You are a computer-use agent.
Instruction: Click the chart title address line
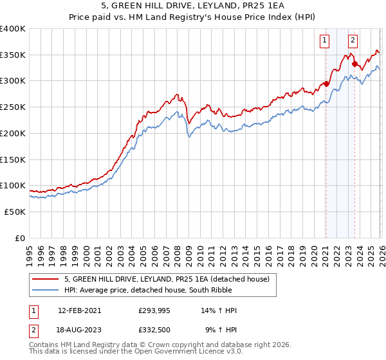(192, 7)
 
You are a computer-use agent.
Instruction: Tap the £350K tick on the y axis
(13, 55)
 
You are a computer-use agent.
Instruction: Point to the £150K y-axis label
(13, 159)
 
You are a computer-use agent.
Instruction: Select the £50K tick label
(15, 212)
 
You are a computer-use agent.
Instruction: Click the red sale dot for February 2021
(326, 84)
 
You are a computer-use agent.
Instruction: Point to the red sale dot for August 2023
(354, 64)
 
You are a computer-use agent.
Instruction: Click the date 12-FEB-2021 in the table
(79, 310)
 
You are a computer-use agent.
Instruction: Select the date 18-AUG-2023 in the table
(79, 329)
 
